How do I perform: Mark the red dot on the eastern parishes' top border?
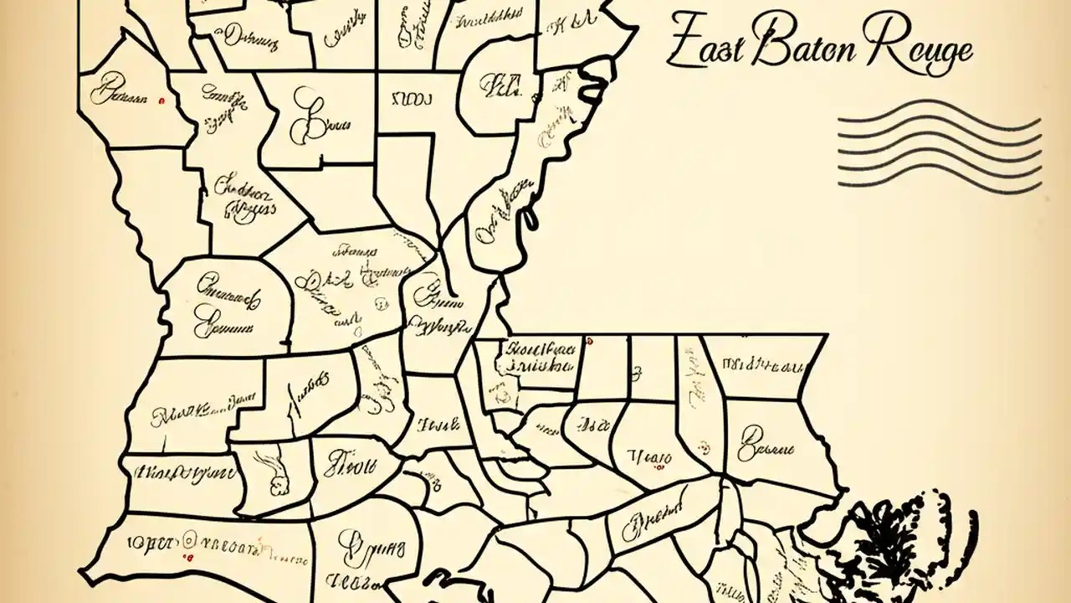pyautogui.click(x=590, y=341)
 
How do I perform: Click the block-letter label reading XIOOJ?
pyautogui.click(x=407, y=100)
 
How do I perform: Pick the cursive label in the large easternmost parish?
pyautogui.click(x=764, y=442)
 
